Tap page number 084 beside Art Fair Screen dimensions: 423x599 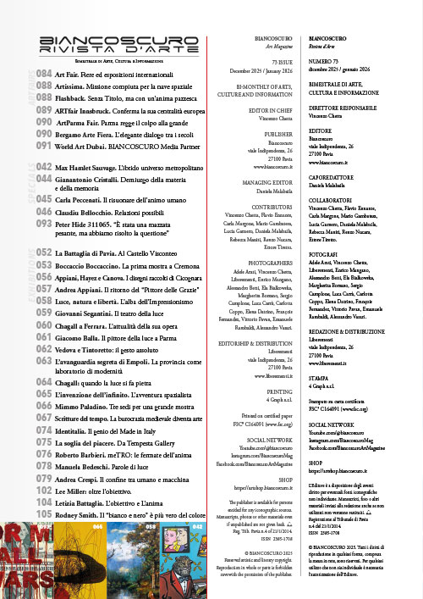44,75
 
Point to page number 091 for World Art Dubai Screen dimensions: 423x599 44,146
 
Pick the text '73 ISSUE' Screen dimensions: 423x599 278,62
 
